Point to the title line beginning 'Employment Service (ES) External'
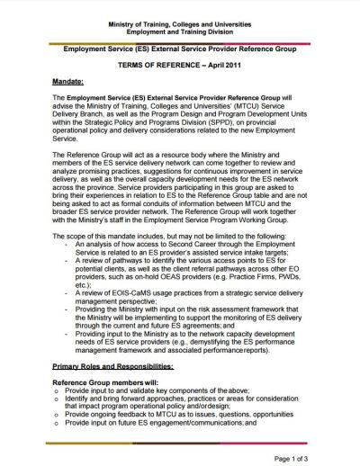[x=180, y=51]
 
